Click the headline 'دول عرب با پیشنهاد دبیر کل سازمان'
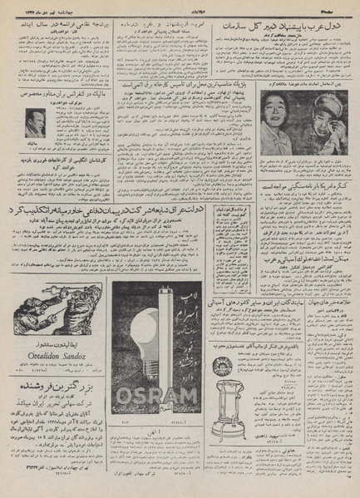click(x=297, y=28)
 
